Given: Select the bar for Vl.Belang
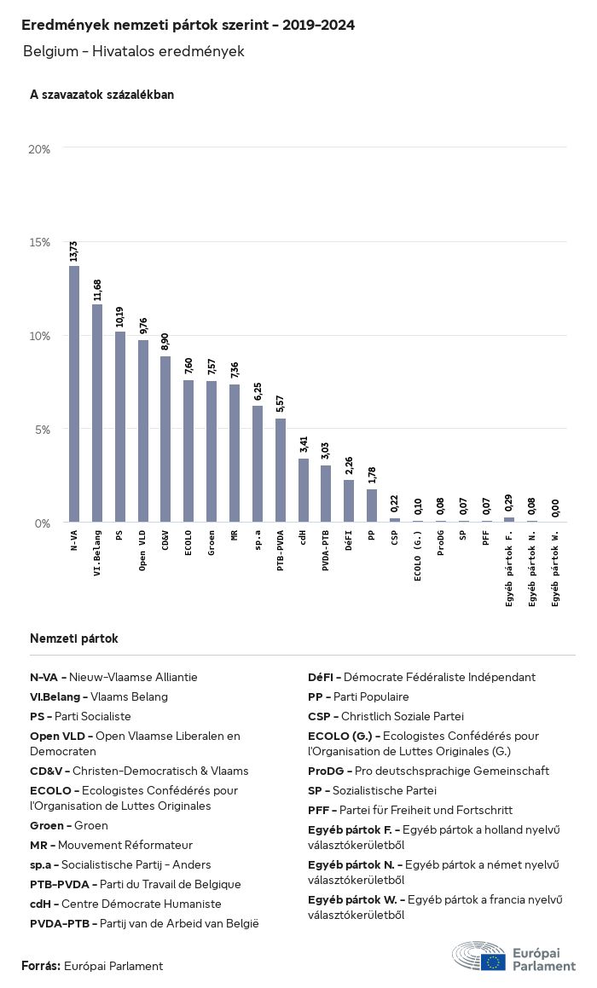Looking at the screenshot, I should [97, 413].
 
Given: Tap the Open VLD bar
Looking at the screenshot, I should [143, 431].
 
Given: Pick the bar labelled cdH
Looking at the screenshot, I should [303, 490].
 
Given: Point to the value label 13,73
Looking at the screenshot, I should [74, 251].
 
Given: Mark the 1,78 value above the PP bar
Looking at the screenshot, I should [372, 475].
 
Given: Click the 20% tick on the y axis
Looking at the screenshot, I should [40, 149].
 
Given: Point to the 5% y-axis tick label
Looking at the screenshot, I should [43, 429].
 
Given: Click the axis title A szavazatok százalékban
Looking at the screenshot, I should [101, 95].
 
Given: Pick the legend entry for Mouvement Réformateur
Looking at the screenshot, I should [111, 845].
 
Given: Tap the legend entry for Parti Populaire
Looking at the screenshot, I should [358, 696].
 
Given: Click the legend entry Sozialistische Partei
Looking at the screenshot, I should [372, 790].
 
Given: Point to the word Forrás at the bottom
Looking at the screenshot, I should [40, 966].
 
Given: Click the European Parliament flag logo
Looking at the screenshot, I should [493, 962].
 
